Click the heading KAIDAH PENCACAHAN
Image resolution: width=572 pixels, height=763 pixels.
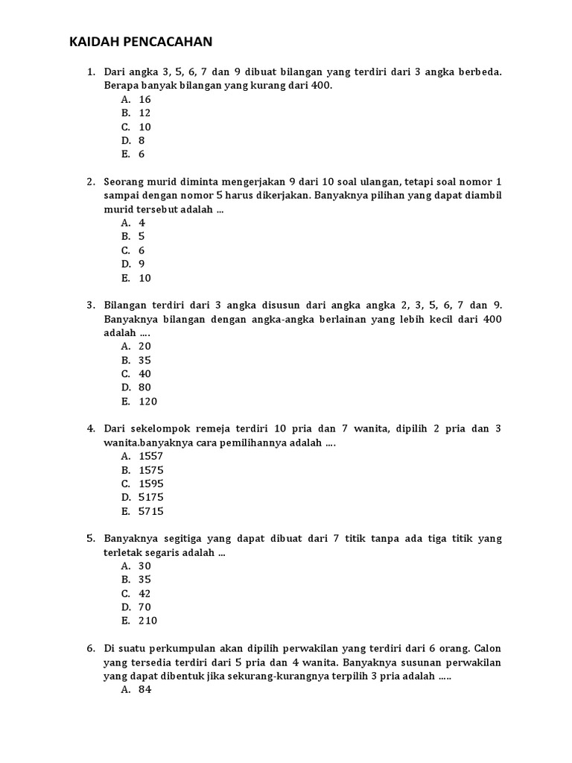pos(141,42)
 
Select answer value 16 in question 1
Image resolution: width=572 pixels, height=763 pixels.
pos(144,99)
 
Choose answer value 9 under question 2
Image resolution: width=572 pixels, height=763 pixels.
pos(142,264)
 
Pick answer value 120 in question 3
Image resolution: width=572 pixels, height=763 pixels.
pos(148,402)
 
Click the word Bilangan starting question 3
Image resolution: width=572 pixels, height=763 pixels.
pos(128,305)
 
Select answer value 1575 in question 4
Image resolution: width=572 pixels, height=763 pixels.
pos(151,470)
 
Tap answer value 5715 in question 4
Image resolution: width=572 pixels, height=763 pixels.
pos(151,511)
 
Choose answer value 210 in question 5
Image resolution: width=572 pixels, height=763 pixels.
pos(148,621)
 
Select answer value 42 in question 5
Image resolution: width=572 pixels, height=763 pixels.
pos(144,593)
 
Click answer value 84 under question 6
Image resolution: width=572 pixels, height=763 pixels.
pos(144,689)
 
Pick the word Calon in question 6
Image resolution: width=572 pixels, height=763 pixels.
pos(488,648)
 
